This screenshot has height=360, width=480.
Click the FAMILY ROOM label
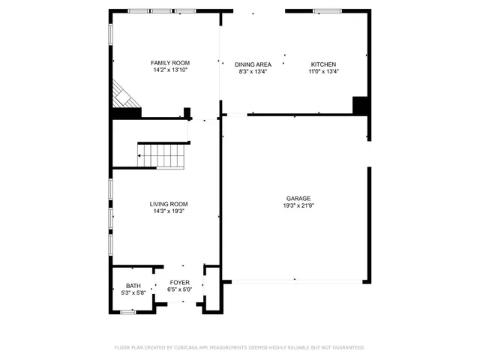click(x=169, y=63)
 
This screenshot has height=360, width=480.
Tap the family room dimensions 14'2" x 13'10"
click(x=169, y=70)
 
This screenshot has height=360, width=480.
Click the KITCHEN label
click(x=323, y=64)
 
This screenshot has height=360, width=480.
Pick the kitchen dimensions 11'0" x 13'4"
click(x=323, y=72)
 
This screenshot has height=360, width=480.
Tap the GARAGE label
click(x=298, y=198)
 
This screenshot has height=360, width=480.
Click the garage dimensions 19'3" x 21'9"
click(x=298, y=205)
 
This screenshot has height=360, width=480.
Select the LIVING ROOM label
click(x=168, y=204)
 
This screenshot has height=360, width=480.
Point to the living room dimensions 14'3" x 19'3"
click(x=168, y=211)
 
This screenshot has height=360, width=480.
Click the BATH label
click(x=133, y=286)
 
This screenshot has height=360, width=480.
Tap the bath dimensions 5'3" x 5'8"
click(x=133, y=292)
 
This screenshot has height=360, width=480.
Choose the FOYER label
click(x=179, y=283)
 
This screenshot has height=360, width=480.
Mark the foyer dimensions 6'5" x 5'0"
click(x=179, y=289)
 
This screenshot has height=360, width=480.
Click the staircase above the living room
click(x=164, y=155)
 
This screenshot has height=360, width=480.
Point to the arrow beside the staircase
click(x=139, y=155)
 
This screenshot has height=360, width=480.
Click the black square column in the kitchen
click(x=360, y=106)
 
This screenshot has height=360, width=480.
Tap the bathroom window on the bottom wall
click(x=127, y=311)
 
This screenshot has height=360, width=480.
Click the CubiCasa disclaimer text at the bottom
click(x=239, y=347)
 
